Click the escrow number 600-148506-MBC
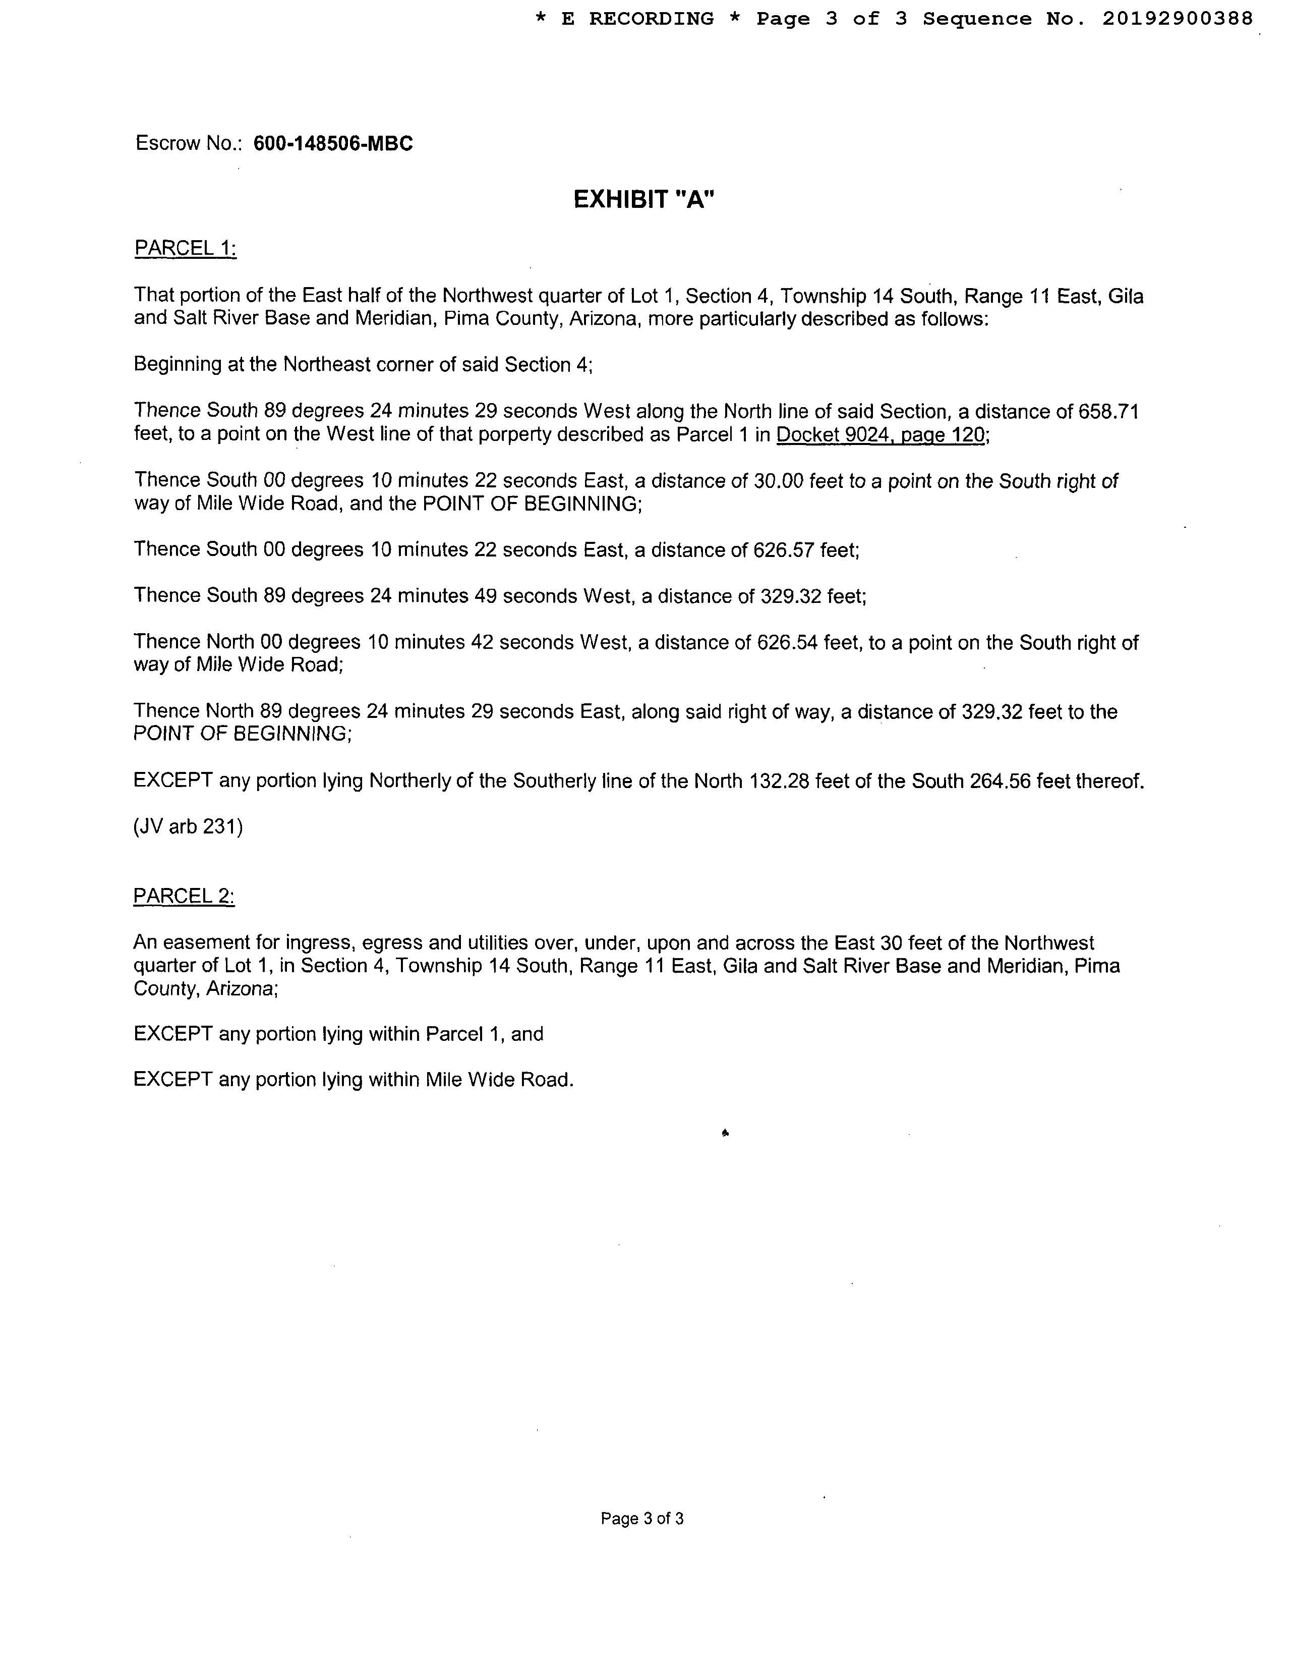(333, 144)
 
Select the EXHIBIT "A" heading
(644, 200)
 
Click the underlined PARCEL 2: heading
(184, 896)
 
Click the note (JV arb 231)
(188, 827)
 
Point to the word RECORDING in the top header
(651, 18)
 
